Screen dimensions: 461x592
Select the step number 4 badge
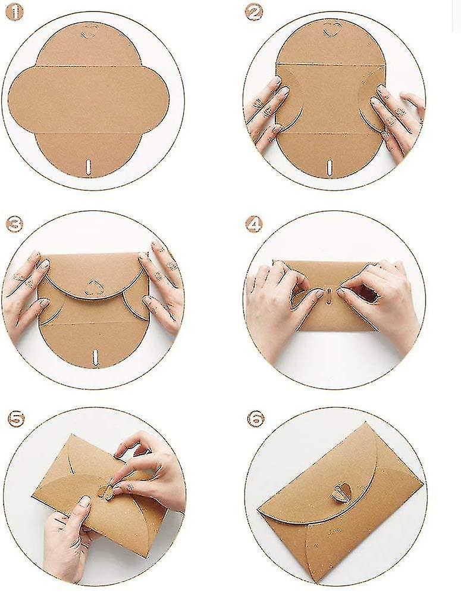(254, 225)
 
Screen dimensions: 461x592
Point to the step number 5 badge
(15, 419)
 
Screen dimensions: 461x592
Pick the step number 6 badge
(256, 419)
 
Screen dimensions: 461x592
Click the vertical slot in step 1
(89, 166)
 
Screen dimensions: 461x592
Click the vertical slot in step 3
(95, 357)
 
